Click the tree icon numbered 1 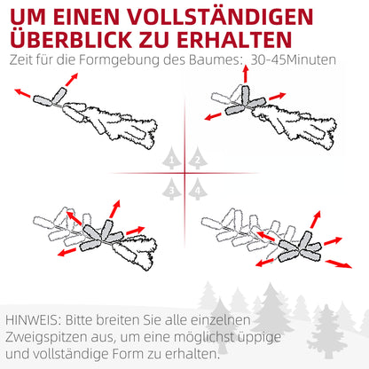click(171, 160)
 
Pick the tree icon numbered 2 click(198, 160)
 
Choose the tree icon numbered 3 click(171, 187)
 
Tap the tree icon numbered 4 click(198, 187)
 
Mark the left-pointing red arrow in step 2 click(213, 115)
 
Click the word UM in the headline click(31, 19)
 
